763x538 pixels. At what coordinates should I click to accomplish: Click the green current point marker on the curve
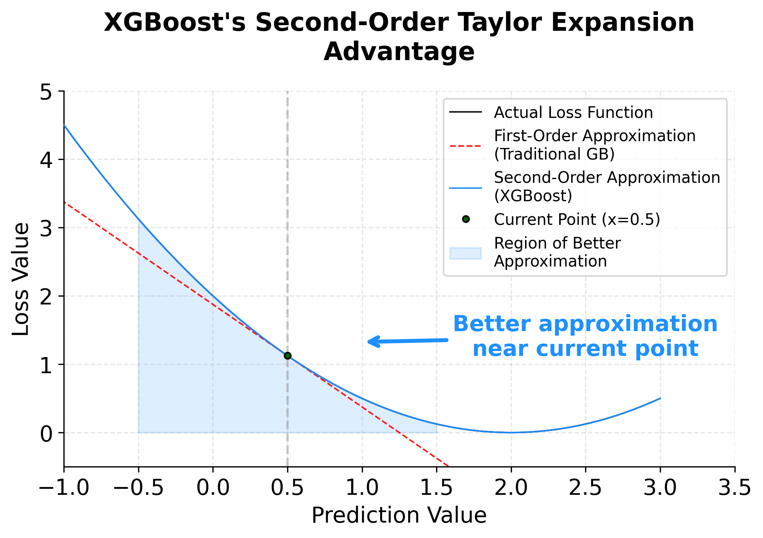287,356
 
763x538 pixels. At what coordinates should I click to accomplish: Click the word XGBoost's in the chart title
175,23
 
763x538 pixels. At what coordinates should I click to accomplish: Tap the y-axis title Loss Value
21,279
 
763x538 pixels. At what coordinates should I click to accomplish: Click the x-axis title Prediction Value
399,515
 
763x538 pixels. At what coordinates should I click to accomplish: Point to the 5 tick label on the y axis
46,92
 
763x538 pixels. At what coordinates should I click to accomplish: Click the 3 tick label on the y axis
46,228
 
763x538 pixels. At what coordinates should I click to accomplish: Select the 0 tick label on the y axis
46,433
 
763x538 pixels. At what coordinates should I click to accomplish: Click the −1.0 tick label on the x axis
64,488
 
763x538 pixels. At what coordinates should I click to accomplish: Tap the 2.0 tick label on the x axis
511,488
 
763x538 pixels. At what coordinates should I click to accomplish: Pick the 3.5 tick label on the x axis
734,488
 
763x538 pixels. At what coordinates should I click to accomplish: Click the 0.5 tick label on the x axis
287,488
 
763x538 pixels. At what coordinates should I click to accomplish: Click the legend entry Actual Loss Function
573,112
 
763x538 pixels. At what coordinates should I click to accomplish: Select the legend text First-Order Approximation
594,136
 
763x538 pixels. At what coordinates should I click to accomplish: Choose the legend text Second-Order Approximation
607,177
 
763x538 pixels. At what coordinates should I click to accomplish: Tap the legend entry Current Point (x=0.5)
576,219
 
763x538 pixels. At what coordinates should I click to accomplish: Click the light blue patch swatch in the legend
465,253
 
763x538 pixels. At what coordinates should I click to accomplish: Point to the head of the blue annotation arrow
369,342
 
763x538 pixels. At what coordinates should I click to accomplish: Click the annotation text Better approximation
585,324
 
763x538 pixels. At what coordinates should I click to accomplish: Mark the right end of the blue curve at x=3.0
660,398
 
